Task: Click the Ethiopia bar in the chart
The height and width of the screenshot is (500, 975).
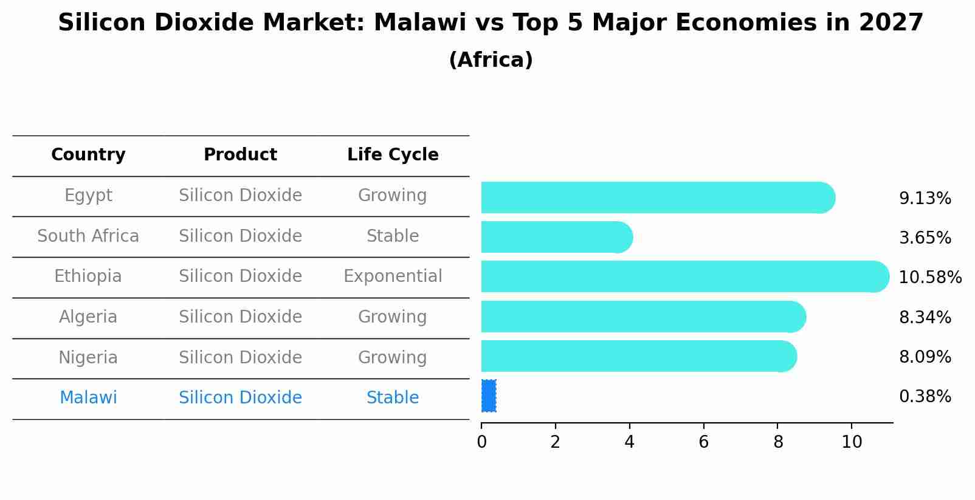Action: tap(681, 276)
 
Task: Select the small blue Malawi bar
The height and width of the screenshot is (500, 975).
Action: tap(489, 396)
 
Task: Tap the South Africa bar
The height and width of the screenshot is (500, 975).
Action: tap(553, 237)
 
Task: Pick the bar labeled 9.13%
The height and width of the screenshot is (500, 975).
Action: tap(656, 197)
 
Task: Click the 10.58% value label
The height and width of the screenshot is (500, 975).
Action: tap(929, 278)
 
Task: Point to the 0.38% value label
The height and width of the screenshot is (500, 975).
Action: tap(925, 397)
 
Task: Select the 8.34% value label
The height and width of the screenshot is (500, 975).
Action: tap(925, 317)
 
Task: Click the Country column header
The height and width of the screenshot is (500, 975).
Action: tap(88, 155)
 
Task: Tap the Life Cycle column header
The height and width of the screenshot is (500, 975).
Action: tap(393, 155)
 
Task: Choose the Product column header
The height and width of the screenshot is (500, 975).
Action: tap(240, 155)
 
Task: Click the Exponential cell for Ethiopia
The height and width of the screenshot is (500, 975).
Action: tap(393, 276)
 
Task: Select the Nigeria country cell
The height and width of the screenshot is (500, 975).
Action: tap(88, 357)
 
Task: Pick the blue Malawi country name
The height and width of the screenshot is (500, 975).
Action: tap(88, 398)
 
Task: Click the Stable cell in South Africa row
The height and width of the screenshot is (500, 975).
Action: tap(393, 236)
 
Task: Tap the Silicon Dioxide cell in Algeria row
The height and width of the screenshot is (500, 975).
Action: tap(240, 317)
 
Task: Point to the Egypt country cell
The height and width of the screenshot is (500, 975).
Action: tap(88, 196)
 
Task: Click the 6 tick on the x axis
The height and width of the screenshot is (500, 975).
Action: tap(703, 442)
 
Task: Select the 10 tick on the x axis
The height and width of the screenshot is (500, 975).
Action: tap(852, 442)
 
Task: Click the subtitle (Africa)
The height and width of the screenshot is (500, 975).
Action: tap(491, 60)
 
